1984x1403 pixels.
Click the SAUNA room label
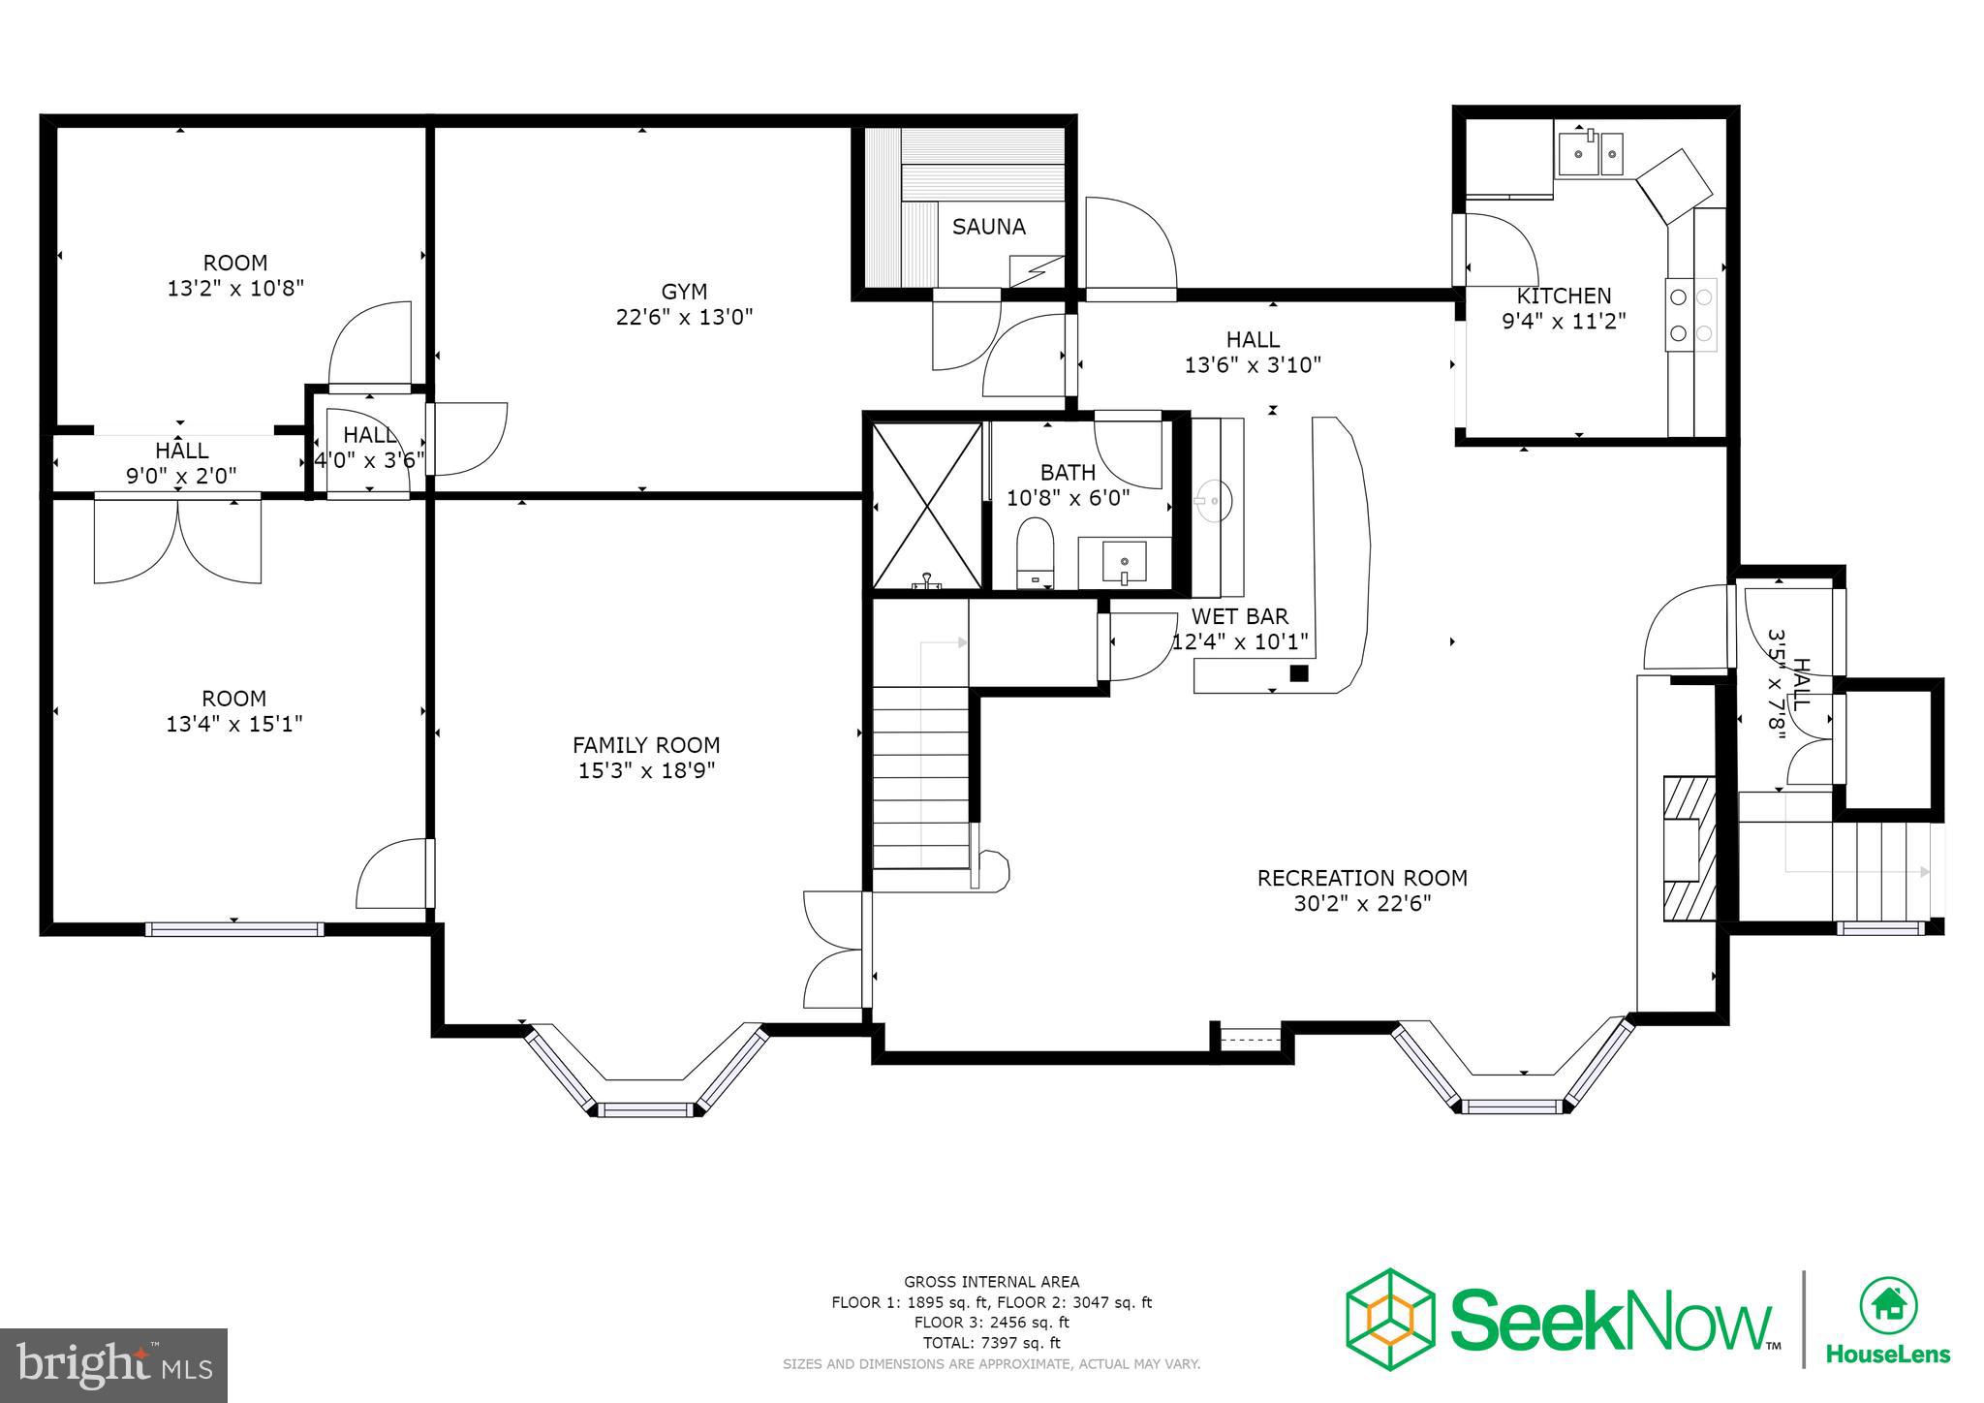tap(988, 227)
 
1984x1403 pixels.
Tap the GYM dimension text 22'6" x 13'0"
tap(684, 317)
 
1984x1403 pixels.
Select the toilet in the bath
tap(1035, 553)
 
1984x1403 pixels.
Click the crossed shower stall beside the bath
tap(927, 505)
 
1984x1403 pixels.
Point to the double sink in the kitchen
tap(1590, 154)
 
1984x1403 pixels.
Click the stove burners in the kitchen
tap(1690, 315)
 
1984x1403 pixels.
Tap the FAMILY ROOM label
tap(646, 745)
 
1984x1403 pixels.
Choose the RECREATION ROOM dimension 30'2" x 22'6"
tap(1362, 904)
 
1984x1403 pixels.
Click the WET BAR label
tap(1240, 616)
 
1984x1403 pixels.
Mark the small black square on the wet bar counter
tap(1299, 673)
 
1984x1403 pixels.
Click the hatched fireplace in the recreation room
tap(1689, 849)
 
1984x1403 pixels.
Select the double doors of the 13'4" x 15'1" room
tap(177, 539)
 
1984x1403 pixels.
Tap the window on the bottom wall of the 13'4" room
tap(234, 929)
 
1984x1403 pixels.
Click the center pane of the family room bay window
tap(645, 1109)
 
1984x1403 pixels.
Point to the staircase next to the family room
tap(920, 775)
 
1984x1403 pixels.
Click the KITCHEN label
tap(1564, 296)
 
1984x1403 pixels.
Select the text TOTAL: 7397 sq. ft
tap(991, 1343)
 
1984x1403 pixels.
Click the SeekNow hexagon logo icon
tap(1390, 1319)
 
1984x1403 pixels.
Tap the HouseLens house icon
tap(1888, 1304)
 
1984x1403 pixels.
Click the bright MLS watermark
tap(114, 1365)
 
